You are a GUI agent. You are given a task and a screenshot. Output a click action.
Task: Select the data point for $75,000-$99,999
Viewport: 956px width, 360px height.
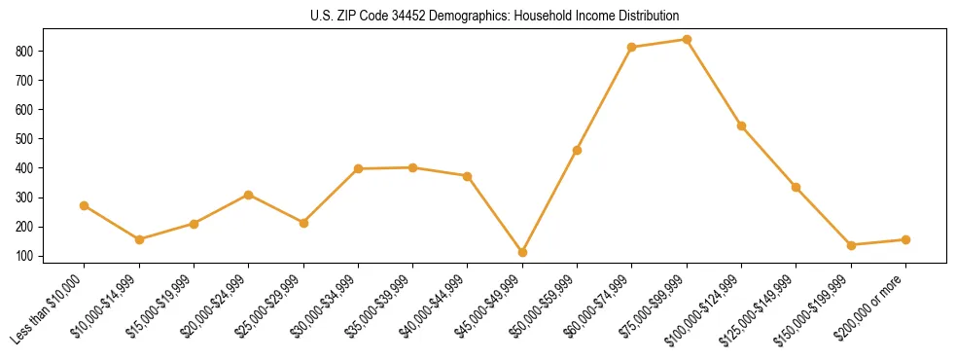point(687,40)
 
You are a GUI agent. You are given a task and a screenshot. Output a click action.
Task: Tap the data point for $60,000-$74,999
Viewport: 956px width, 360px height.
point(632,47)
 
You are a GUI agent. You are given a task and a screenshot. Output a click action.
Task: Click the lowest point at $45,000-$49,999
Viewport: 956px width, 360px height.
point(522,253)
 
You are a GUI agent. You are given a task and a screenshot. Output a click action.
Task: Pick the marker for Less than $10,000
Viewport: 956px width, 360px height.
point(85,206)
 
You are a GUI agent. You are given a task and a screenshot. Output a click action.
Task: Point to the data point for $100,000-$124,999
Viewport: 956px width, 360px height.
point(741,126)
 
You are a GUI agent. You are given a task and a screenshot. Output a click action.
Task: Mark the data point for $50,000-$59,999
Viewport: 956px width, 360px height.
point(578,150)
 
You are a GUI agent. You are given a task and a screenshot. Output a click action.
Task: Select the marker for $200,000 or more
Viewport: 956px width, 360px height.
point(905,239)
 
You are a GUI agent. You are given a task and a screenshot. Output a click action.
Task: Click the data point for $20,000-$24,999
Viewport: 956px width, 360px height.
point(249,195)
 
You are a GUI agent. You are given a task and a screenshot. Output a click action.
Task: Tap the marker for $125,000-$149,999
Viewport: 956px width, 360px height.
point(796,187)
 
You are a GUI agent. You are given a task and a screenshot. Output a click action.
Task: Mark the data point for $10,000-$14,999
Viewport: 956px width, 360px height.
point(139,239)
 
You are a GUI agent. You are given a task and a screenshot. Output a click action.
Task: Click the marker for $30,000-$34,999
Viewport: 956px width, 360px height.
point(358,169)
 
